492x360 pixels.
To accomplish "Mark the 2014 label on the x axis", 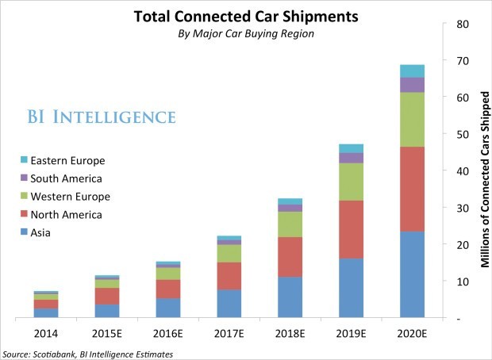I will click(x=46, y=334).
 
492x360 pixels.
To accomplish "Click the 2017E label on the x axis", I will click(x=229, y=334).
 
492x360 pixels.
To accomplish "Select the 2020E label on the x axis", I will click(x=412, y=334).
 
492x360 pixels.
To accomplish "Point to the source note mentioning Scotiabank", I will click(x=87, y=353).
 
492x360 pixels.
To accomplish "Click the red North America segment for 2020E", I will click(x=412, y=189).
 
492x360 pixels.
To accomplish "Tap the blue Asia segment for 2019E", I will click(x=351, y=287).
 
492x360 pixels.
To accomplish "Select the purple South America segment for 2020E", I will click(x=412, y=84).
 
